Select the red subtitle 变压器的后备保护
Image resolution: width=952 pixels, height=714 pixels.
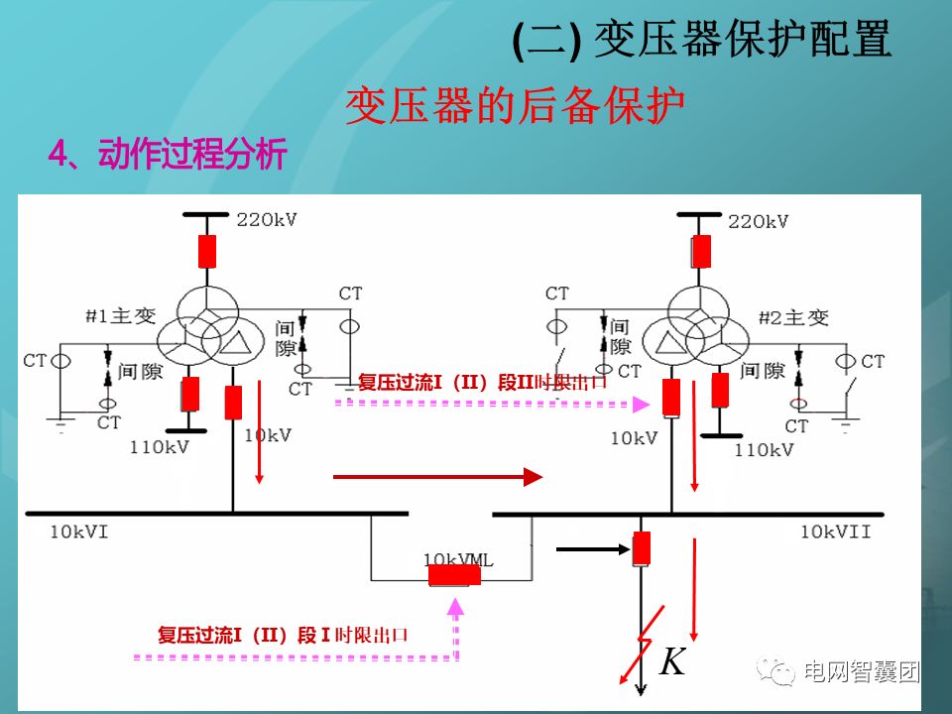pyautogui.click(x=515, y=105)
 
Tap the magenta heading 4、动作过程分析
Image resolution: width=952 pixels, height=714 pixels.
pyautogui.click(x=169, y=155)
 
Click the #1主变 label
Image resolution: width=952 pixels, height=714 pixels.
pyautogui.click(x=121, y=316)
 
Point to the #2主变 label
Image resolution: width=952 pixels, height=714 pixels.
pyautogui.click(x=793, y=317)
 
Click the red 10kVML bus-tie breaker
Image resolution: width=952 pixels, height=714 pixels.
pyautogui.click(x=454, y=575)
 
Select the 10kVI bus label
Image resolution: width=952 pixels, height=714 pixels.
pyautogui.click(x=79, y=533)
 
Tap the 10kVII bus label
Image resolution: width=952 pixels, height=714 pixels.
pyautogui.click(x=836, y=533)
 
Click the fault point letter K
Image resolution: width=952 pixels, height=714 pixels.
pyautogui.click(x=672, y=661)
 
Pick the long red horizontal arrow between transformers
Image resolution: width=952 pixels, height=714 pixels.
pyautogui.click(x=437, y=478)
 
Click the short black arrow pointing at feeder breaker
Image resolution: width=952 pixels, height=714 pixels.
pyautogui.click(x=591, y=546)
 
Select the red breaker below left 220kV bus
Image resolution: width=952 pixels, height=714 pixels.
pyautogui.click(x=207, y=251)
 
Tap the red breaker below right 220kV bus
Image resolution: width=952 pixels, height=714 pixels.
pyautogui.click(x=701, y=251)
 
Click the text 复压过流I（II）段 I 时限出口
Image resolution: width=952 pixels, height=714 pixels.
pyautogui.click(x=284, y=635)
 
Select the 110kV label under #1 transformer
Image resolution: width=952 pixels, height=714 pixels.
pyautogui.click(x=159, y=446)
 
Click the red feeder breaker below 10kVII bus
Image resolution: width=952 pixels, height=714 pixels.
pyautogui.click(x=642, y=547)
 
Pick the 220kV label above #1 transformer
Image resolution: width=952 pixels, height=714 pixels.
pyautogui.click(x=266, y=219)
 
